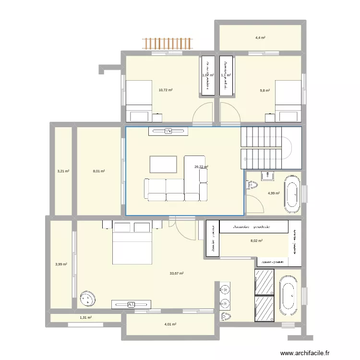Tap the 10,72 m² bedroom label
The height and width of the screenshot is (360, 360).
[x=166, y=90]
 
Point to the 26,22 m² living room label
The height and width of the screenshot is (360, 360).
[x=201, y=167]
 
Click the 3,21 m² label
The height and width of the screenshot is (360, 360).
[x=63, y=170]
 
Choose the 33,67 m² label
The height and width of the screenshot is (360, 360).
[x=177, y=274]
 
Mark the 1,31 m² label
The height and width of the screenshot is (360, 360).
[x=85, y=318]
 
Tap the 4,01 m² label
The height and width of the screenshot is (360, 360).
[x=170, y=324]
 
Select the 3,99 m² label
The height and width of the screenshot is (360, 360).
[x=61, y=264]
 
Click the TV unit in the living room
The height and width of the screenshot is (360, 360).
[x=168, y=131]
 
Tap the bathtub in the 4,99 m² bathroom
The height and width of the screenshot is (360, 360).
[x=292, y=194]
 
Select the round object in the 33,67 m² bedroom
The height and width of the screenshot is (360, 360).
[x=88, y=299]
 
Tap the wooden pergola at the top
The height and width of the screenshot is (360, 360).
[x=168, y=44]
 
